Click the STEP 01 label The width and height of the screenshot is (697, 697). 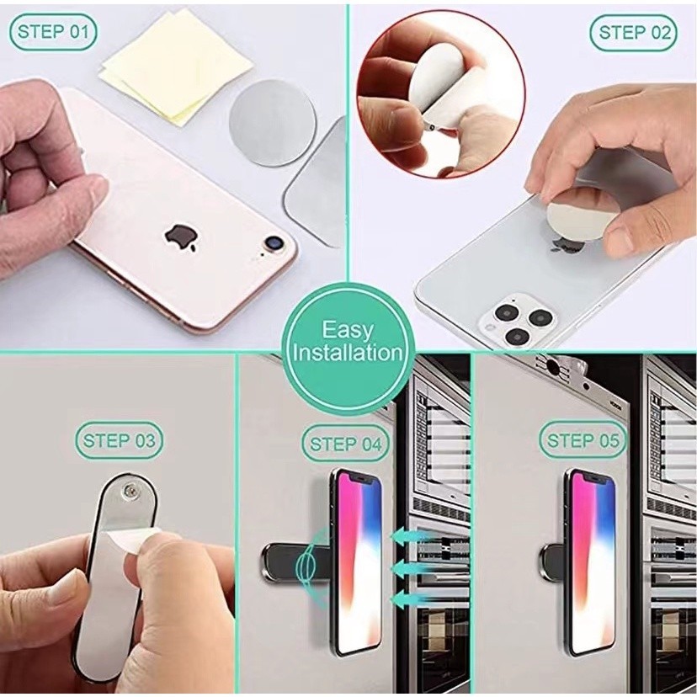click(53, 32)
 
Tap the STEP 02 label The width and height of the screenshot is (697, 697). click(634, 33)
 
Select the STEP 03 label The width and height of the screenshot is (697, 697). click(120, 440)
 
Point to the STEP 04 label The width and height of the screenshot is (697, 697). click(345, 444)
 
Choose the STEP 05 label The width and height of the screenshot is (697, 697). click(583, 440)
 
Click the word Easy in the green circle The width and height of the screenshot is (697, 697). click(348, 330)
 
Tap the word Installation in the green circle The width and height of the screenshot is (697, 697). click(348, 353)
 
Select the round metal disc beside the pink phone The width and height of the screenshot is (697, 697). click(272, 123)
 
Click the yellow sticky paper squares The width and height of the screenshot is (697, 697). click(177, 67)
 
